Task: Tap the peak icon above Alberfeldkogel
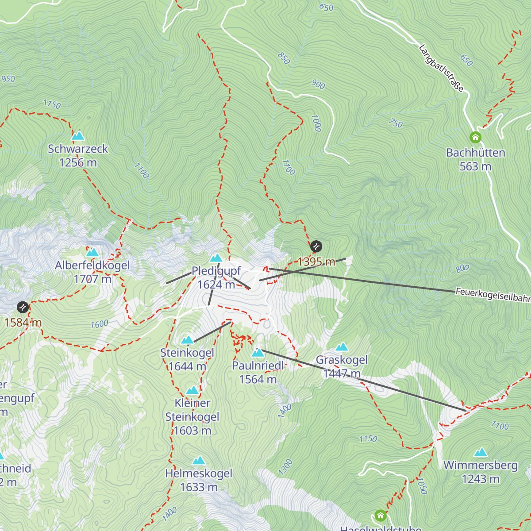tap(92, 253)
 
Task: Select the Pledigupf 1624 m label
tap(216, 277)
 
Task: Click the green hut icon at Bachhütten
tap(475, 138)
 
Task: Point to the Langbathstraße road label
tap(441, 68)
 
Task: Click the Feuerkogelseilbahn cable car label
tap(493, 295)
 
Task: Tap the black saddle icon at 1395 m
tap(316, 246)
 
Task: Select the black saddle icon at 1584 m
tap(23, 307)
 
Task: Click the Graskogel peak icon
tap(342, 347)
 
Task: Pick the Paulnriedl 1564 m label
tap(258, 373)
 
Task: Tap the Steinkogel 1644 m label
tap(187, 359)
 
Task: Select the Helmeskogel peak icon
tap(199, 461)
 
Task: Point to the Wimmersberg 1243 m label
tap(481, 472)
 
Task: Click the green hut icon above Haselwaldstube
tap(381, 515)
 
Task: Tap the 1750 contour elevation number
tap(52, 104)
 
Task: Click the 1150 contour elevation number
tap(368, 439)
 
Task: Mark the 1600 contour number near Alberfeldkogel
tap(100, 324)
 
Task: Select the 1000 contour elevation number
tap(316, 123)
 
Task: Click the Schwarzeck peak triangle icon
tap(78, 135)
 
